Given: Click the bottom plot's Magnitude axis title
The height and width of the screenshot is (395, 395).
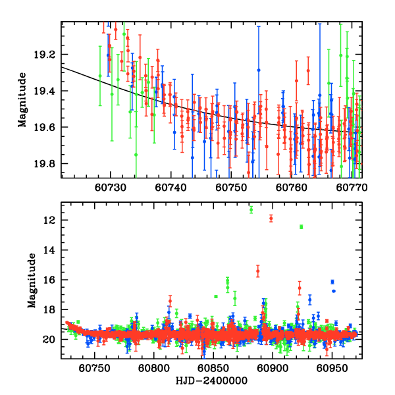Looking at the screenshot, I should pyautogui.click(x=31, y=281).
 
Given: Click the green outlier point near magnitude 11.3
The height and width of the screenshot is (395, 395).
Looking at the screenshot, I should pyautogui.click(x=251, y=209).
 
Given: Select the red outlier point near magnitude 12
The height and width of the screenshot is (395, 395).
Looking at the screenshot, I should pyautogui.click(x=271, y=218).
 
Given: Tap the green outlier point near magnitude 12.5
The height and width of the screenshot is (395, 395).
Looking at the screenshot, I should pyautogui.click(x=301, y=227).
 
